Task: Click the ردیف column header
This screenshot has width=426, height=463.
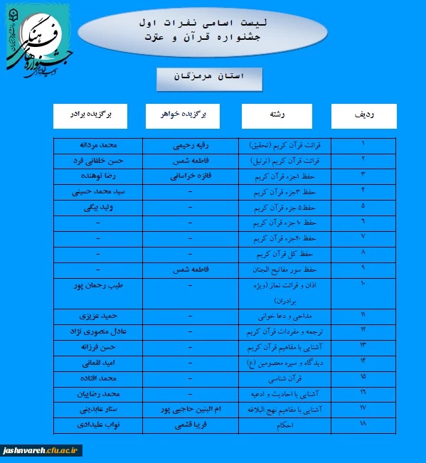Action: click(x=364, y=115)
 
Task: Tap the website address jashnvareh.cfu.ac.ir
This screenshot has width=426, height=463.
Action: click(x=42, y=450)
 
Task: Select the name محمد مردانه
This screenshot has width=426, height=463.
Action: click(x=98, y=144)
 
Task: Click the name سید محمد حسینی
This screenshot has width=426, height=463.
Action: click(x=98, y=192)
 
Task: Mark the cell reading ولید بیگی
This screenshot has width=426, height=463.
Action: click(x=98, y=208)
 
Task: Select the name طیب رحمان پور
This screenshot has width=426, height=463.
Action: click(x=98, y=285)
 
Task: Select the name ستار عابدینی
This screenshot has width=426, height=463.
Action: click(x=98, y=409)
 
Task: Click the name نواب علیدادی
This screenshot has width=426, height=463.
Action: click(x=98, y=425)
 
